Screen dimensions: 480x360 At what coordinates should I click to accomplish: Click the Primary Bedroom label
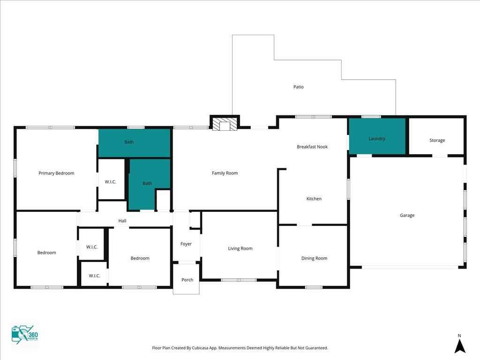56,173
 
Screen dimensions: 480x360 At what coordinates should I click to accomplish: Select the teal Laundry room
377,136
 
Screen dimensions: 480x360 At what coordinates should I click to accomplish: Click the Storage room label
437,140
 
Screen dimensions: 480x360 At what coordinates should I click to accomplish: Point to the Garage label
407,216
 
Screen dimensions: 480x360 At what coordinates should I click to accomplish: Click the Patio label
299,87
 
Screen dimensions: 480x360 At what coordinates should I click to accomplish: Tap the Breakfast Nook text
312,147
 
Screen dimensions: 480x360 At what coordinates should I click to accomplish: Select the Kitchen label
314,199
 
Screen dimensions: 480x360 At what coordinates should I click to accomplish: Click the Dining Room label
315,258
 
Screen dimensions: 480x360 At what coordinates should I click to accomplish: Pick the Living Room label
240,248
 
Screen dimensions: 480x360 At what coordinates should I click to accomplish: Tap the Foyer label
186,244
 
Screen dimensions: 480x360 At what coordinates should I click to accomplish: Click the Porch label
187,280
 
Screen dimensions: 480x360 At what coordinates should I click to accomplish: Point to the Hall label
122,221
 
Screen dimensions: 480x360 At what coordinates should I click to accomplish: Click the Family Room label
225,173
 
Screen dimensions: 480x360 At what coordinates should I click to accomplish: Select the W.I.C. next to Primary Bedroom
111,182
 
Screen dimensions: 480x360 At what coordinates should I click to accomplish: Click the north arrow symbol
460,346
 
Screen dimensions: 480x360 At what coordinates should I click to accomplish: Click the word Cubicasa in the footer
200,348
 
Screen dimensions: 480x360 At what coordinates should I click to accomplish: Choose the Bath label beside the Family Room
147,183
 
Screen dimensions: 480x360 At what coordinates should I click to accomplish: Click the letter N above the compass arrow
459,336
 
